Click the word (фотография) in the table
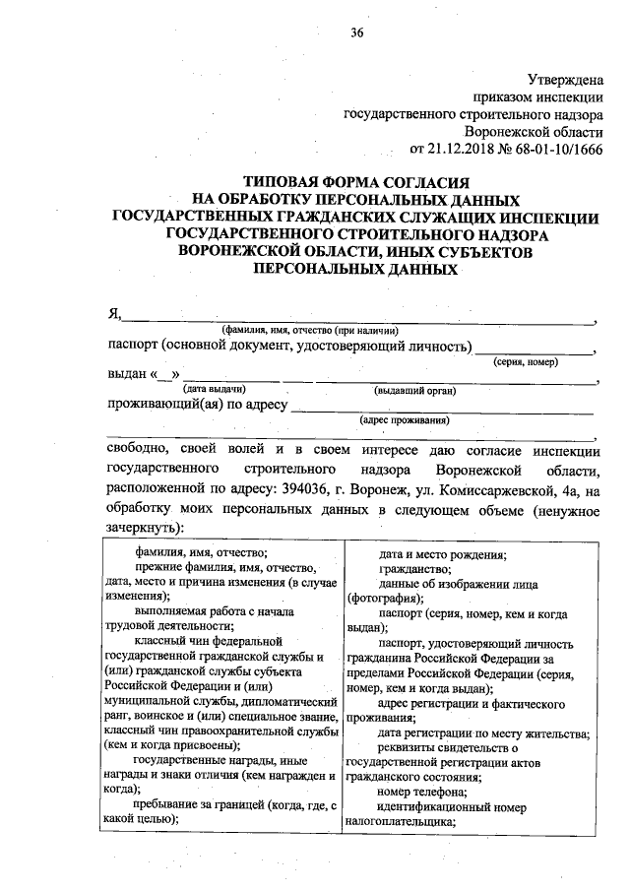pos(381,598)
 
